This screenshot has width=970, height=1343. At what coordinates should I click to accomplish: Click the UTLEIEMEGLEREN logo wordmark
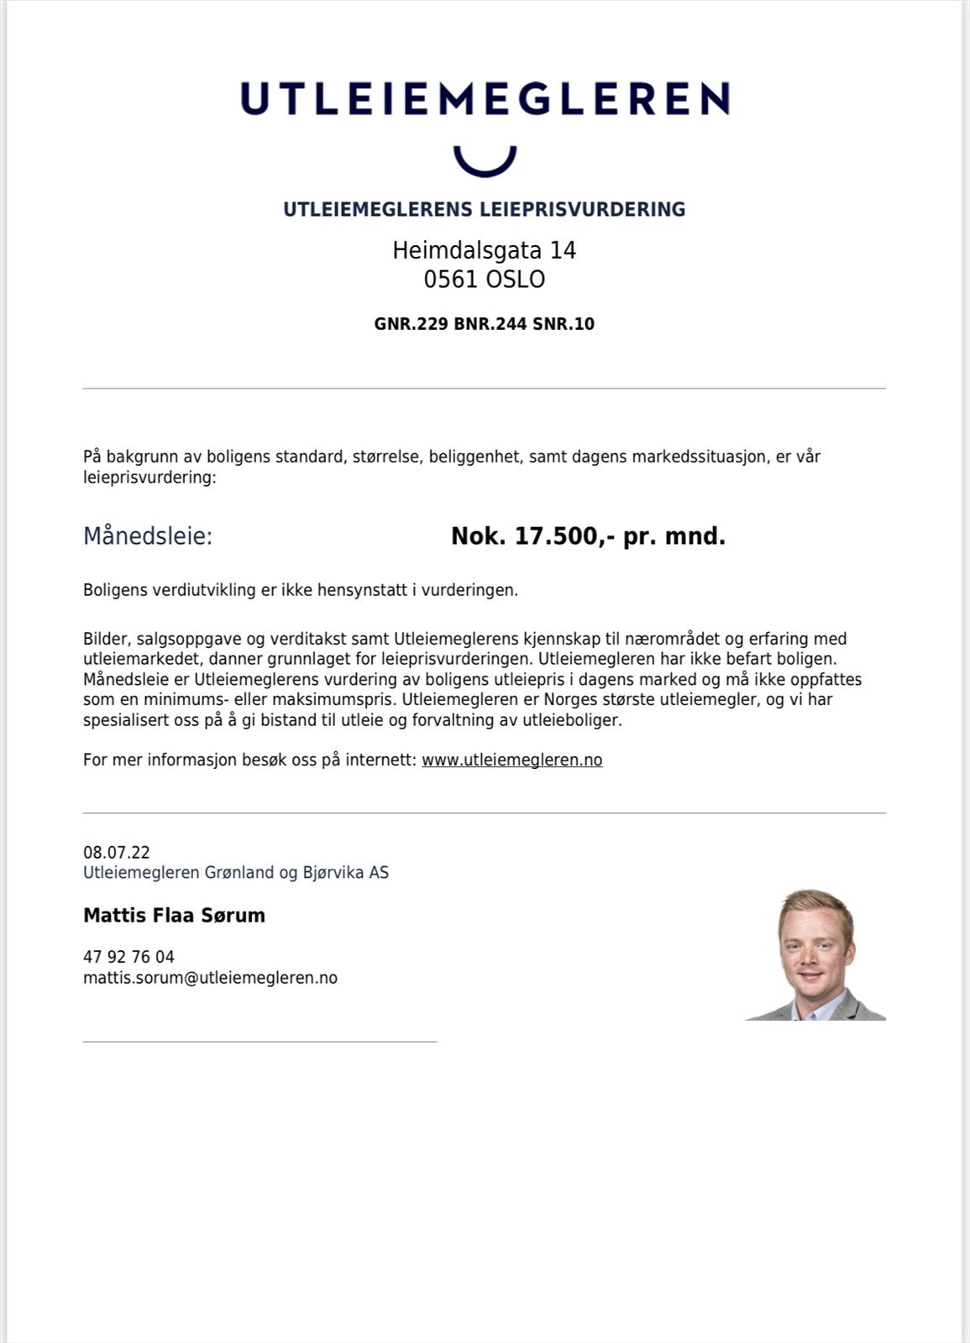tap(485, 98)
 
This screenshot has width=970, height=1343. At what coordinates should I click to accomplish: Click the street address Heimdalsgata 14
tap(485, 250)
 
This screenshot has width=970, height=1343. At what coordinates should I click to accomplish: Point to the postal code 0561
tap(450, 280)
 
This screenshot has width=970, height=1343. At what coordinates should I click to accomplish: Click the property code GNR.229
tap(411, 324)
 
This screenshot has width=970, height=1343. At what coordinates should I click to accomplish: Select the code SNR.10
tap(564, 324)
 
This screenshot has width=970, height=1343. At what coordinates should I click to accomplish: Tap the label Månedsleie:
tap(148, 536)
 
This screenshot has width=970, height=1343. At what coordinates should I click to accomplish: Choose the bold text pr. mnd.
tap(674, 536)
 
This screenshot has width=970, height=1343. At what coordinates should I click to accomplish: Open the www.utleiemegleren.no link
tap(511, 760)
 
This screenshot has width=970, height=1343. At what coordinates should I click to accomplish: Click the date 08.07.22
tap(117, 853)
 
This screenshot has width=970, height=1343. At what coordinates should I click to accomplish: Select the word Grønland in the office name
tap(239, 873)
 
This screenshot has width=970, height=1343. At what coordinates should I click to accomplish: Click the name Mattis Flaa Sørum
tap(174, 916)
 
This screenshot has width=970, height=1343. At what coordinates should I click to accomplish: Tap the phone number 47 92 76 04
tap(128, 957)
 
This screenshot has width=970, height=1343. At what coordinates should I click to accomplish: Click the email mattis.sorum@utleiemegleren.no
tap(210, 978)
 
